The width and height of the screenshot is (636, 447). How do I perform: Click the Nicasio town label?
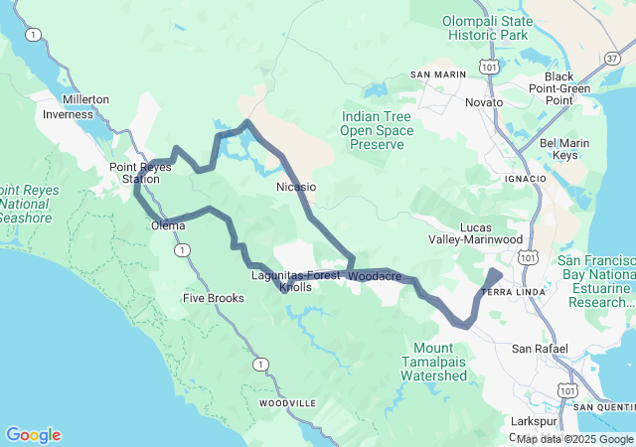click(x=295, y=186)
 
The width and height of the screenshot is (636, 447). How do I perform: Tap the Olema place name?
click(x=168, y=225)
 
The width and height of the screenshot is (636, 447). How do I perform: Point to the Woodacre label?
click(x=376, y=275)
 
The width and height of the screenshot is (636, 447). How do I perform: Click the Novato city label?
click(x=484, y=102)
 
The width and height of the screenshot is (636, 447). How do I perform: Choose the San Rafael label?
click(x=539, y=349)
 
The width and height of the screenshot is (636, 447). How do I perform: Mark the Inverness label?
click(x=68, y=114)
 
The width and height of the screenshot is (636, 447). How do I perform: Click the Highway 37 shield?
click(x=611, y=59)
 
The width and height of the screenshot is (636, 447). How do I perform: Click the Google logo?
click(x=33, y=434)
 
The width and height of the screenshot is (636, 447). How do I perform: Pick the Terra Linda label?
click(x=508, y=292)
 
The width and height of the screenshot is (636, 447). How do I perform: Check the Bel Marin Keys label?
click(x=563, y=149)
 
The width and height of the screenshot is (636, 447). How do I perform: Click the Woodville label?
click(x=287, y=404)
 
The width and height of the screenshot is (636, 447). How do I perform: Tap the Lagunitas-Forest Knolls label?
click(x=295, y=281)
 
